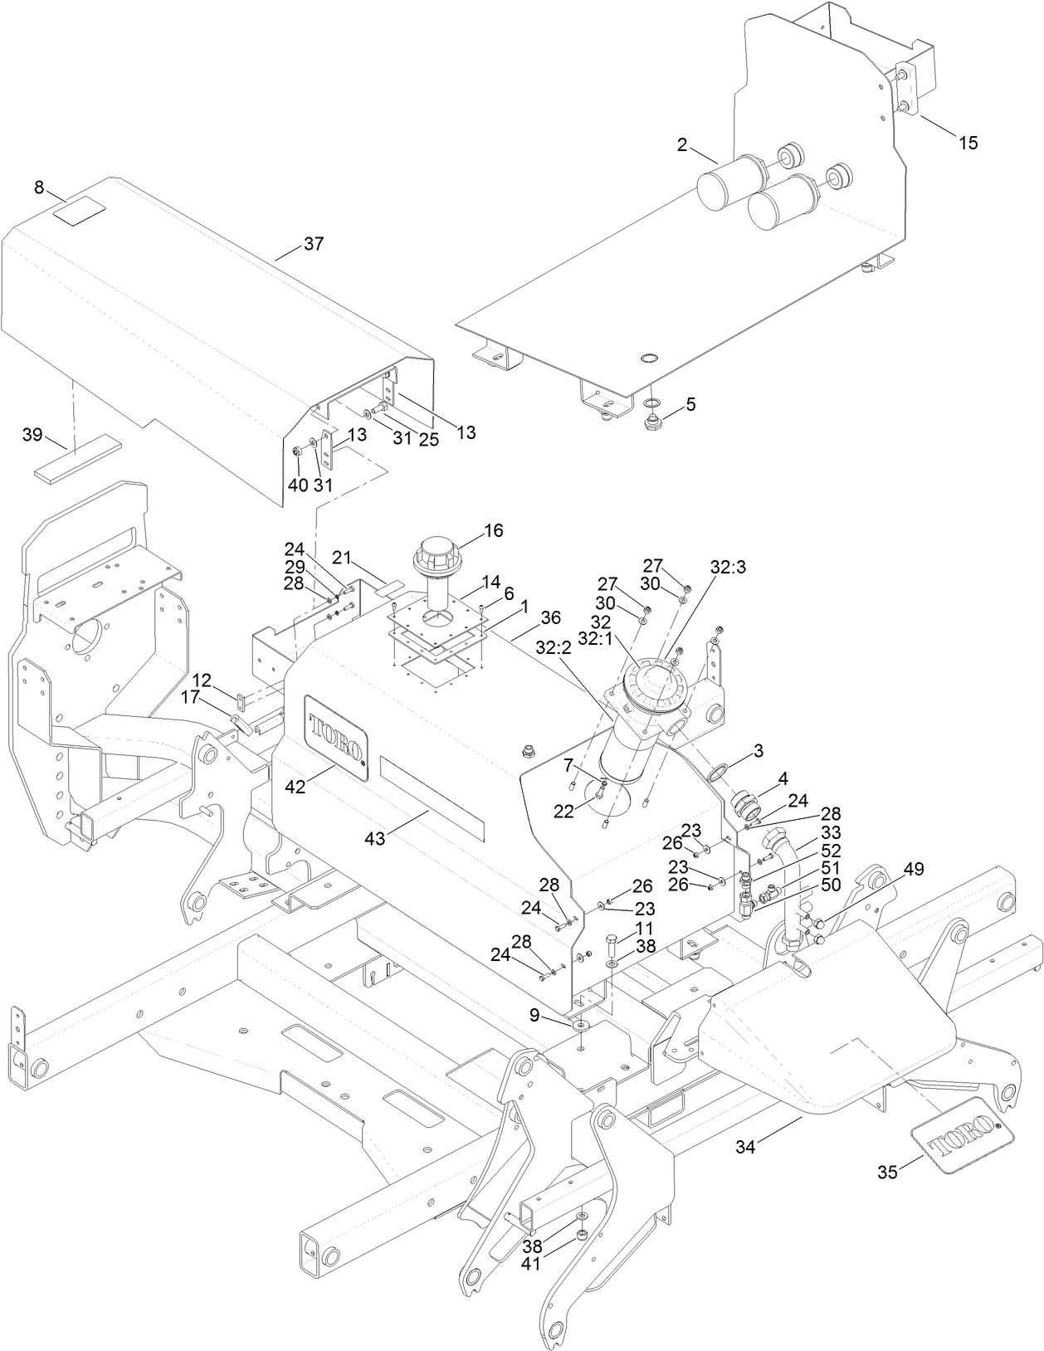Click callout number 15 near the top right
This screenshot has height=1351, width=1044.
tap(968, 143)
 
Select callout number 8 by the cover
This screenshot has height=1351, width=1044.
tap(39, 188)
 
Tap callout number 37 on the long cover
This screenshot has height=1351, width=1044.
tap(314, 244)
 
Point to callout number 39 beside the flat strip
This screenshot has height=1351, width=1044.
tap(32, 436)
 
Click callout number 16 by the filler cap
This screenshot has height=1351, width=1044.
tap(494, 530)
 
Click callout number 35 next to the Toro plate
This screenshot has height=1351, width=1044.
tap(887, 1172)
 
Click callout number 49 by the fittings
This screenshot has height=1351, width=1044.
tap(914, 869)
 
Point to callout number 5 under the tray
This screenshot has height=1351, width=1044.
tap(690, 404)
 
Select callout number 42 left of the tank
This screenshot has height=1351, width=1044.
tap(295, 786)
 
